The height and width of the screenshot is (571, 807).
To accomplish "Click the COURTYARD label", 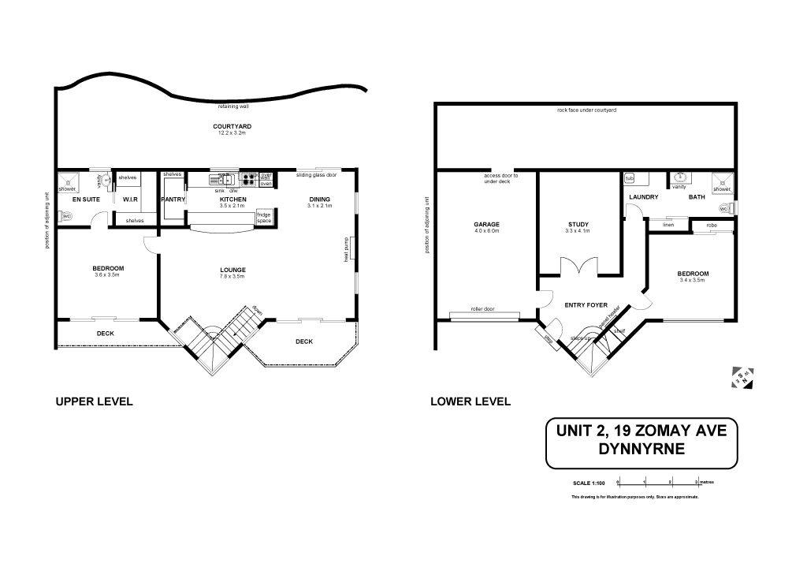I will (232, 126).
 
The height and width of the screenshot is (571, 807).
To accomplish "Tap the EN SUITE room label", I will (86, 200).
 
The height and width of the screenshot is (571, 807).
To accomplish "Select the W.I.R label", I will (131, 200).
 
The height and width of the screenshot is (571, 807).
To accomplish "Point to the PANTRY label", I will (173, 200).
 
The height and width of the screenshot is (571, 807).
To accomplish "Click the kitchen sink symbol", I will (221, 180).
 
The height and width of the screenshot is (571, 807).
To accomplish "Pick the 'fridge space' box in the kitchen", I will (264, 218).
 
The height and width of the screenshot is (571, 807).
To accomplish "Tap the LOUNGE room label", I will (232, 270).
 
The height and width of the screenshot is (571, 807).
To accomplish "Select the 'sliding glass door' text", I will (316, 175).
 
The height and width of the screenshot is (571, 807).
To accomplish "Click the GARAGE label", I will (487, 225).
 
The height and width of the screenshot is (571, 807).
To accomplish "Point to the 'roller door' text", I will (482, 309).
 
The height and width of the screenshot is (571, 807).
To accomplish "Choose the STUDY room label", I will (578, 225).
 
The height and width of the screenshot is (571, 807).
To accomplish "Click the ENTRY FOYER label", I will (586, 304).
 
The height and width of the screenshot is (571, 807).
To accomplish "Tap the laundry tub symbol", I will (630, 179).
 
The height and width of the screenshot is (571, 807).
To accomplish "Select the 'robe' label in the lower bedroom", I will (712, 226).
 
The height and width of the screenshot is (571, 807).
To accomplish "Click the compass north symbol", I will (742, 377).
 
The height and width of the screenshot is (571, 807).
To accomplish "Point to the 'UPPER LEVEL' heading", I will (94, 401).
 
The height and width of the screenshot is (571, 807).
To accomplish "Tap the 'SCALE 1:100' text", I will (588, 483).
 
